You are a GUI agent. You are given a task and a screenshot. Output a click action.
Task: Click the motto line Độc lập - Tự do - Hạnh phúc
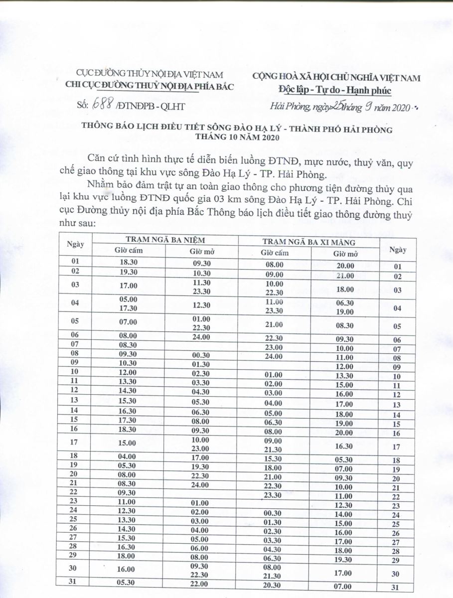coord(335,90)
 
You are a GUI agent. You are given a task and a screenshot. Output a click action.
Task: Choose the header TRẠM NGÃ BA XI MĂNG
coord(308,242)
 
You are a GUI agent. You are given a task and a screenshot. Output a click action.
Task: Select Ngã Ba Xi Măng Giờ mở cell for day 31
coord(345,586)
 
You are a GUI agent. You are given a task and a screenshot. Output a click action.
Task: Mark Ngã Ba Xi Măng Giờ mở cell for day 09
coord(345,367)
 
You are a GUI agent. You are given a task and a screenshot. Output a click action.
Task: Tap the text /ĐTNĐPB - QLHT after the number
coord(144,106)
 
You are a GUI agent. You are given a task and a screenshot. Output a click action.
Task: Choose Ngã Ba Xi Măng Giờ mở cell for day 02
coord(345,276)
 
